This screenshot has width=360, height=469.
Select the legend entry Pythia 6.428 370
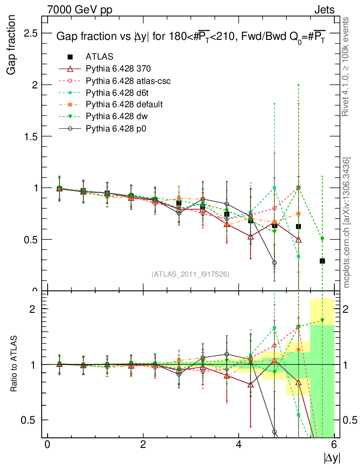(118, 69)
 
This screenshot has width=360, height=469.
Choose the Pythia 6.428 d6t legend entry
(118, 93)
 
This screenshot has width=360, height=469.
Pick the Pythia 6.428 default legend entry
(124, 104)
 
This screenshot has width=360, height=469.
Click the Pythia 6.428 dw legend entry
(117, 116)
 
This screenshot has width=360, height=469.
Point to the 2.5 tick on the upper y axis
(30, 33)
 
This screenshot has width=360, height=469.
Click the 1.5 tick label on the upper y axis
(30, 136)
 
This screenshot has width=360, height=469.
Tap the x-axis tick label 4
(239, 444)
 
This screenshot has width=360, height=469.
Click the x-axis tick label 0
(47, 444)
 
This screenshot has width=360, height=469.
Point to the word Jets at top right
(324, 10)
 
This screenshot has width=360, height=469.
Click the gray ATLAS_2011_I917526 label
(191, 274)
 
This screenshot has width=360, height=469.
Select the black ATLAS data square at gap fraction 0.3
(322, 261)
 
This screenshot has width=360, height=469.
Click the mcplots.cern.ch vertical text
(347, 223)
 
